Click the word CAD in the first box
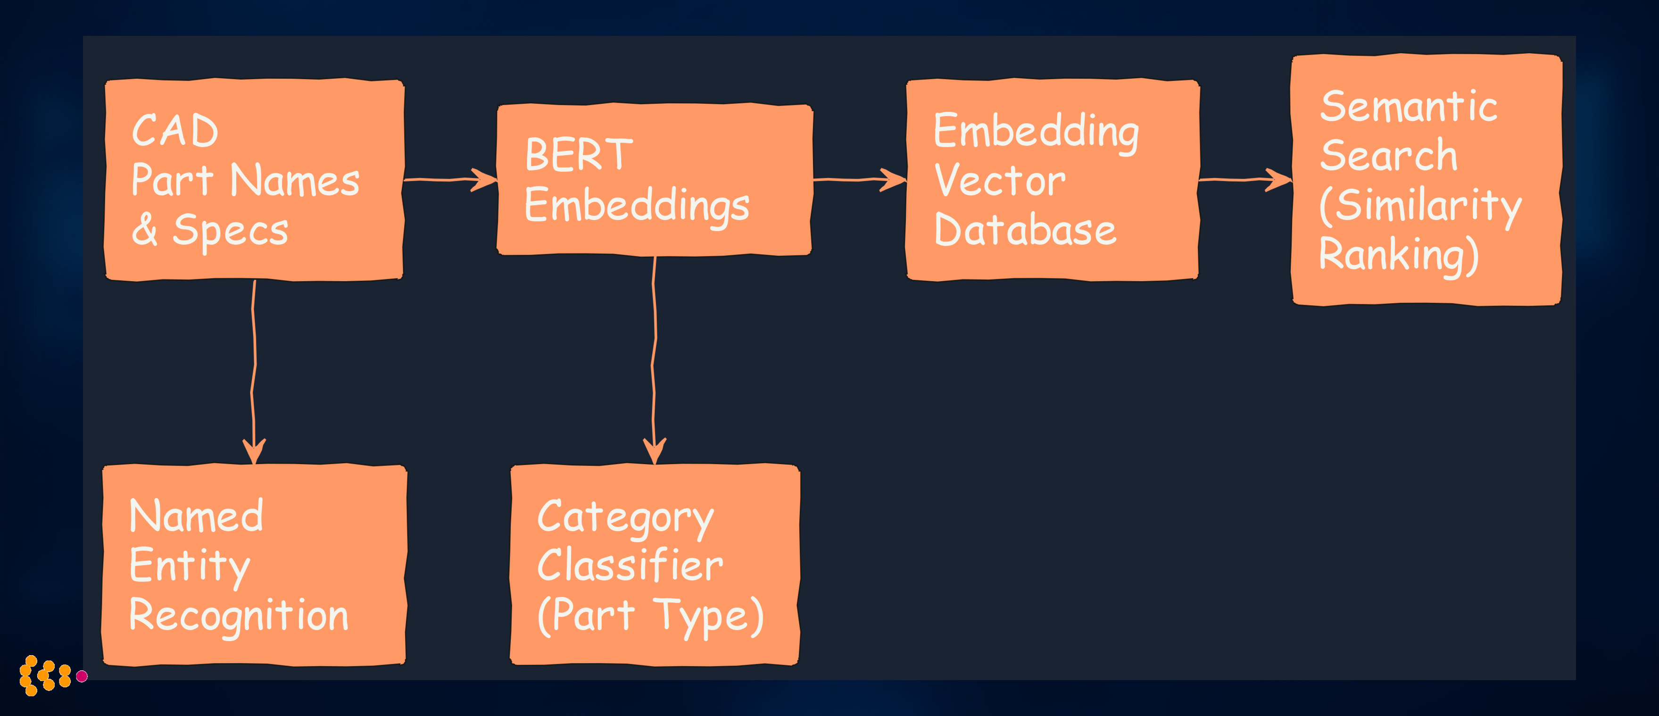point(175,131)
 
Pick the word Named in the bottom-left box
point(197,516)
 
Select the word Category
point(625,518)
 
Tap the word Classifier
point(630,566)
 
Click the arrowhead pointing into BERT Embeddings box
point(486,180)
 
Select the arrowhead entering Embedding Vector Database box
point(895,180)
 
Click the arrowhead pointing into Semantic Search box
point(1280,180)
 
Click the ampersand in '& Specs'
point(145,230)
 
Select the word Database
point(1025,231)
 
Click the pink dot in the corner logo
point(82,676)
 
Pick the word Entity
point(190,566)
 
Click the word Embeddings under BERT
point(637,206)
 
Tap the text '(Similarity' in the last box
point(1420,206)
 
